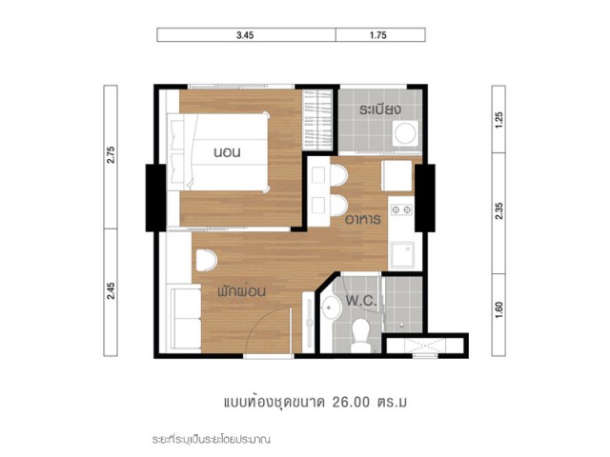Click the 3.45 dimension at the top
click(245, 35)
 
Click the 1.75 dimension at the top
click(378, 35)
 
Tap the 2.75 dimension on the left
click(111, 154)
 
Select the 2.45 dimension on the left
click(111, 290)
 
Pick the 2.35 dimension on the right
click(499, 210)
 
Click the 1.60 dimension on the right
click(499, 310)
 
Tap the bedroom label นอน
click(227, 152)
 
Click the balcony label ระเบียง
click(379, 109)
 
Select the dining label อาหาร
click(363, 220)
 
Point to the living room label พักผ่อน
click(241, 290)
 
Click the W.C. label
click(361, 301)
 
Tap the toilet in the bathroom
click(361, 335)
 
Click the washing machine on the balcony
click(405, 133)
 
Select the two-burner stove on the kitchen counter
click(401, 209)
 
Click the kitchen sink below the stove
click(402, 254)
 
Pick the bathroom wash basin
click(331, 308)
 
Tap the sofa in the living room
click(186, 318)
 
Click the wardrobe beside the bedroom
click(317, 119)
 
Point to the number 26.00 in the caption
click(351, 402)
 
